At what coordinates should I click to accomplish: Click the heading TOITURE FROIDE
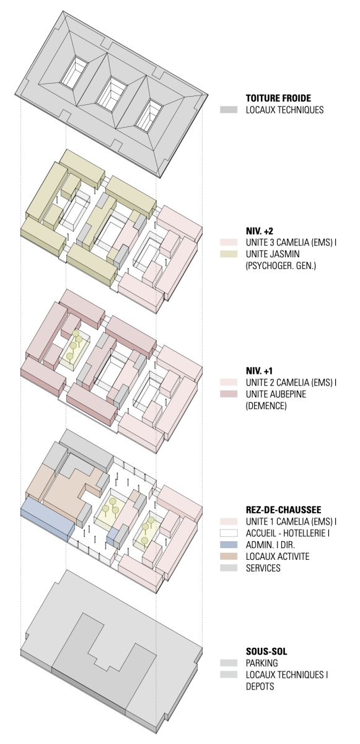click(x=278, y=99)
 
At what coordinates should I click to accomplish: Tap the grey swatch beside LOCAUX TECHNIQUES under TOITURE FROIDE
click(x=229, y=110)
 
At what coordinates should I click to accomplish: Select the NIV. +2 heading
click(x=260, y=231)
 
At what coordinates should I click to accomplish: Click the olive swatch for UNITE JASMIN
click(x=229, y=254)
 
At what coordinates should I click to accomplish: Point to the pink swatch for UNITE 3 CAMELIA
click(x=229, y=242)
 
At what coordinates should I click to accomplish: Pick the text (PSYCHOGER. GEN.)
click(x=281, y=266)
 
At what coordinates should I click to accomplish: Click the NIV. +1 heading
click(x=260, y=371)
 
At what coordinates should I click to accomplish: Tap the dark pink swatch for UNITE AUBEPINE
click(x=229, y=394)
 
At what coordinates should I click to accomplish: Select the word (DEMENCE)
click(x=266, y=406)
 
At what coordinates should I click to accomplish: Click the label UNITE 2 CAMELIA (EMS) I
click(x=291, y=383)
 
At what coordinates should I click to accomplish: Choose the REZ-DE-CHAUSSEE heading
click(x=283, y=510)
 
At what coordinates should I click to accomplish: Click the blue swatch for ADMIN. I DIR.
click(x=229, y=545)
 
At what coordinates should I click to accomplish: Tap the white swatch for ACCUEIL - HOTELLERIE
click(x=229, y=533)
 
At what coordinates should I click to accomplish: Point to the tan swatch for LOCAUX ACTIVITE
click(x=229, y=556)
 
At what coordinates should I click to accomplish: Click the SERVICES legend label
click(x=263, y=568)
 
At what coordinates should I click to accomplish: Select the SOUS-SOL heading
click(x=266, y=652)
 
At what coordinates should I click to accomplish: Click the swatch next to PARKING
click(x=229, y=663)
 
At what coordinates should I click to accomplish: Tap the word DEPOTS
click(x=260, y=686)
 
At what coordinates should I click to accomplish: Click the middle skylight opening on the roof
click(x=112, y=91)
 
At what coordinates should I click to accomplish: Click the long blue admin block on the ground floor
click(x=47, y=519)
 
